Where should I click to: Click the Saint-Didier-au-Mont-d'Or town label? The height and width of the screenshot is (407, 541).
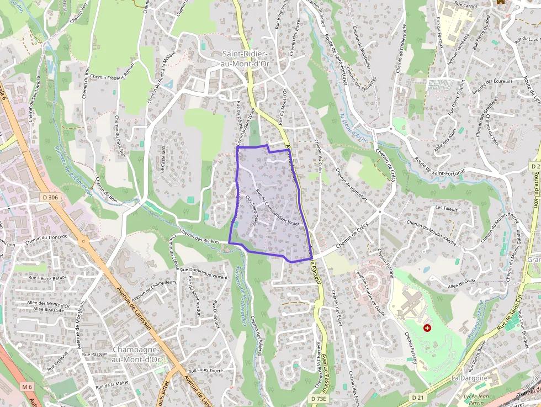(x=245, y=58)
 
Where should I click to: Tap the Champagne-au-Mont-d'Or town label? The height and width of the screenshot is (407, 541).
(x=136, y=355)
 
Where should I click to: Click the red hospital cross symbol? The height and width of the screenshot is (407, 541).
(x=427, y=328)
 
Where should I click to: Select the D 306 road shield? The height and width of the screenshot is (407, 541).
(x=49, y=197)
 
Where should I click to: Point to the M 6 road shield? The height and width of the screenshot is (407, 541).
(x=28, y=387)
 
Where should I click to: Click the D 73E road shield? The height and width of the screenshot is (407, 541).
(x=319, y=398)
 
